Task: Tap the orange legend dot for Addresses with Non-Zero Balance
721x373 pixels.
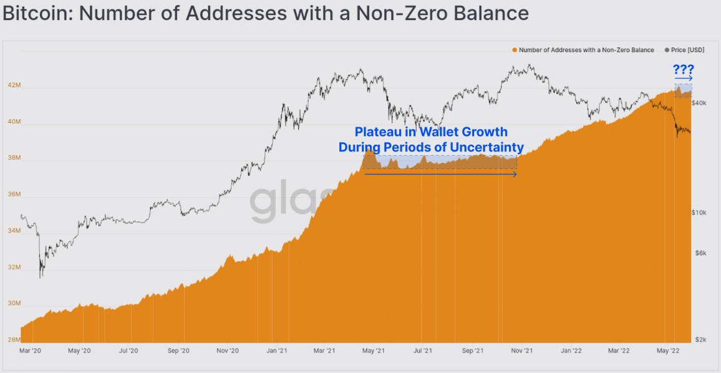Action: [x=514, y=50]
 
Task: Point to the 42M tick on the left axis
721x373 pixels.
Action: [x=14, y=86]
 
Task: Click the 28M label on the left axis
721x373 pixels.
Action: [x=14, y=341]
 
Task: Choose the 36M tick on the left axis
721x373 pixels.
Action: [x=14, y=195]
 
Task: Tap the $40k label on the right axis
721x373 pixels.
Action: [x=699, y=102]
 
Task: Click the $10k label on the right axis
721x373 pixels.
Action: [x=699, y=213]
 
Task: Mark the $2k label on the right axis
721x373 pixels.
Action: [x=700, y=340]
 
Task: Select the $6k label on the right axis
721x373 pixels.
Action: [x=700, y=253]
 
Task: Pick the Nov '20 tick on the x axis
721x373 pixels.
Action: [x=228, y=351]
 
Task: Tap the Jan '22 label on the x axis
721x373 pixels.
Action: [x=571, y=351]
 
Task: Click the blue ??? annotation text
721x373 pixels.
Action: [x=683, y=70]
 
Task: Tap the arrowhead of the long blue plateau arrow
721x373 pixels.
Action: [x=515, y=175]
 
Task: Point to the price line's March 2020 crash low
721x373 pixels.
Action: [x=41, y=276]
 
